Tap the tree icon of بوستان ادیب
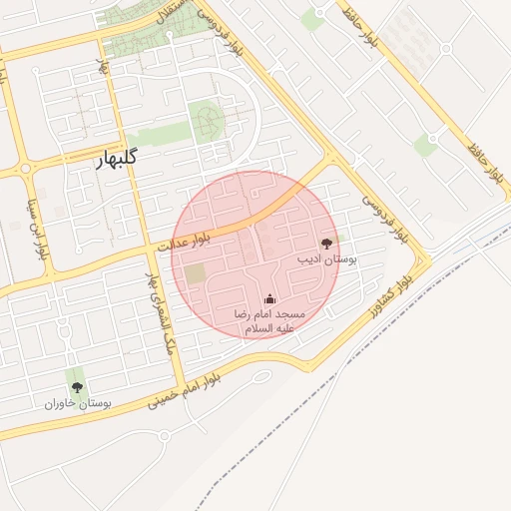[326, 243]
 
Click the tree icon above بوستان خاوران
[77, 387]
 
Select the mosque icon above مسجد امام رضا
[268, 298]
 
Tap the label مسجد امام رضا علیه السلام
[268, 320]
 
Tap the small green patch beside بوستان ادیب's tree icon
[339, 238]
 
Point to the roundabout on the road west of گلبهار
[25, 171]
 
